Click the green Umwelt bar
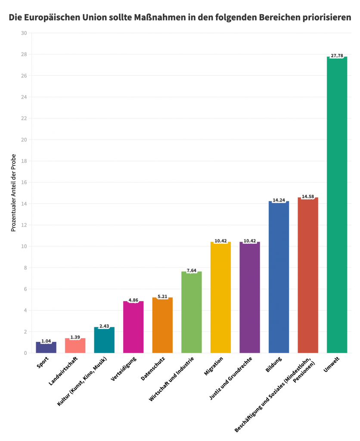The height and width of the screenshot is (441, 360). tap(337, 205)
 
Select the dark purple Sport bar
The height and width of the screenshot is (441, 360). tap(46, 348)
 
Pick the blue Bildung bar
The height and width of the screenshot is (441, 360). tap(279, 277)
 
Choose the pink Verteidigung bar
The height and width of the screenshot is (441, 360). tap(133, 327)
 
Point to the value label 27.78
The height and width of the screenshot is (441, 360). tap(337, 56)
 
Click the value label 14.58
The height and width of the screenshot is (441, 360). tap(308, 197)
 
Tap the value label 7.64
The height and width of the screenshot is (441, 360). tap(192, 270)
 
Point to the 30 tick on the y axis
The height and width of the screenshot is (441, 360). tap(24, 33)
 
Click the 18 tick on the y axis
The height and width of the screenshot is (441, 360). tap(24, 161)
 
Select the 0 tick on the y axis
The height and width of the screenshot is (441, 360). tap(25, 353)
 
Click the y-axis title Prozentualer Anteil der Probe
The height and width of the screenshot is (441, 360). tap(13, 193)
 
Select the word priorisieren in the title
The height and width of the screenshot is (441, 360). tap(326, 18)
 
